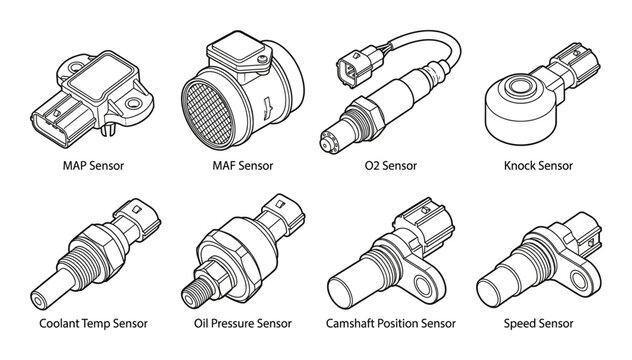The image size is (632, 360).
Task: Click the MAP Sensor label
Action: pos(88,165)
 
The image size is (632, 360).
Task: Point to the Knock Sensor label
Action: pos(544,165)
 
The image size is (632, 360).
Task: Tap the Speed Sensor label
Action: pos(544,325)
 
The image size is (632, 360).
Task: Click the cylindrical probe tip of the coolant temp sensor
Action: pos(42,294)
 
